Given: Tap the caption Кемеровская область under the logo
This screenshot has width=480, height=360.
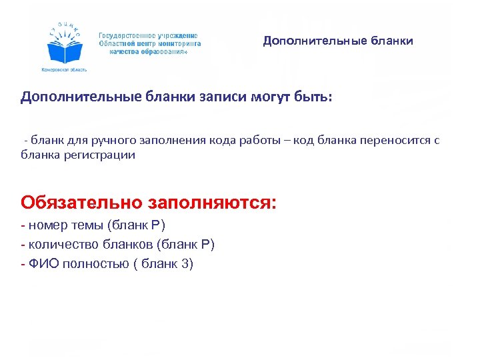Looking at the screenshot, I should pyautogui.click(x=65, y=69).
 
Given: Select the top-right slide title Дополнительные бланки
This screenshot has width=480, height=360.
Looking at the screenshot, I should pyautogui.click(x=338, y=41).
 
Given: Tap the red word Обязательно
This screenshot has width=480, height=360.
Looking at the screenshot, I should pyautogui.click(x=82, y=201).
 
